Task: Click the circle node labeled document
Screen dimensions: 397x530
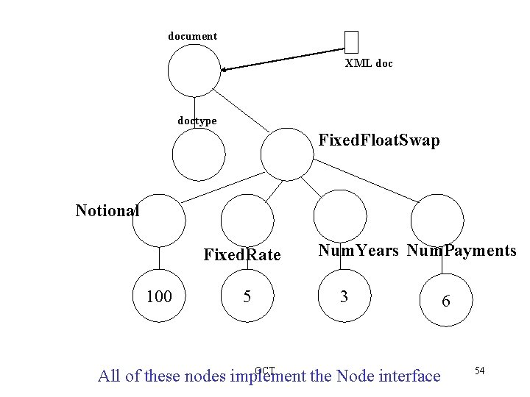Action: tap(194, 71)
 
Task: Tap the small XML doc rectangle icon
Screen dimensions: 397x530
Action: tap(351, 43)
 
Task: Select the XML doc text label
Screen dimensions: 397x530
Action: tap(369, 64)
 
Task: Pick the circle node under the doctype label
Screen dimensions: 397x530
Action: tap(198, 154)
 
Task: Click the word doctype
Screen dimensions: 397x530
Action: tap(197, 120)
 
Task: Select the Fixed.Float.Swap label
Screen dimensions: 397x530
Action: tap(379, 140)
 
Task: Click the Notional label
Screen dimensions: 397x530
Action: tap(107, 211)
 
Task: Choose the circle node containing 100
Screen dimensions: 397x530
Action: tap(160, 296)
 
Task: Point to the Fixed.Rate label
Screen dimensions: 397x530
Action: tap(242, 255)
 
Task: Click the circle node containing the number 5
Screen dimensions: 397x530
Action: tap(247, 296)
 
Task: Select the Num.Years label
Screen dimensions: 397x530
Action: tap(358, 251)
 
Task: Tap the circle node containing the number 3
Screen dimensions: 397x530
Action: tap(342, 296)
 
